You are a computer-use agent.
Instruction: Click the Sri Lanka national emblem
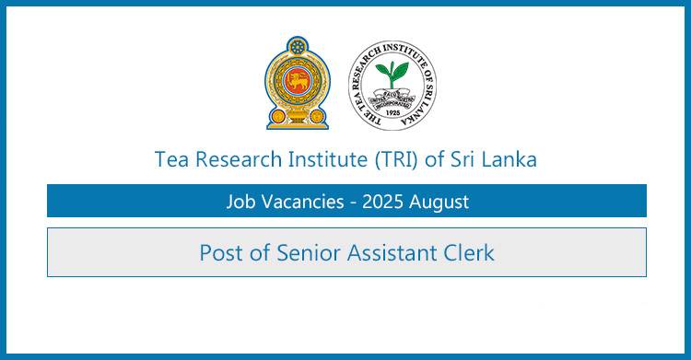click(x=297, y=85)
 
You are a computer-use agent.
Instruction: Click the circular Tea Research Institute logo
click(x=392, y=85)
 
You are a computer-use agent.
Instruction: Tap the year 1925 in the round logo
click(x=392, y=119)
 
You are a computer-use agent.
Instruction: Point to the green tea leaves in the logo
click(x=392, y=73)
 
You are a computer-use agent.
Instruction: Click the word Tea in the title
click(x=171, y=159)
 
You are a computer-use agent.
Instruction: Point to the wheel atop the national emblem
click(x=297, y=46)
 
